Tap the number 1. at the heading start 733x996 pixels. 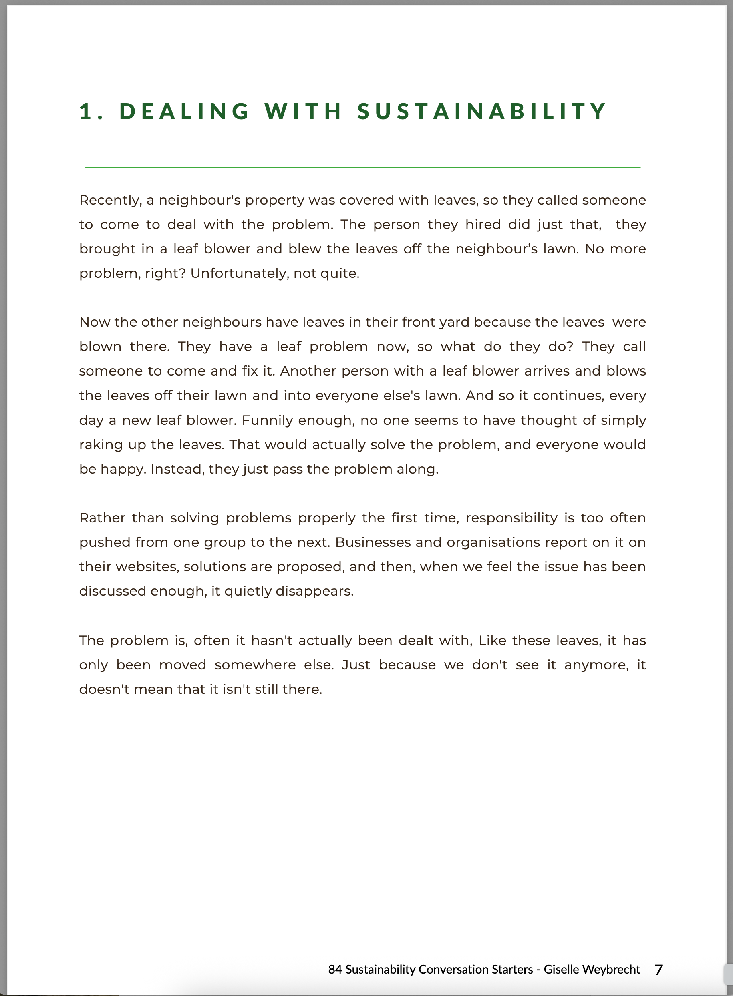pyautogui.click(x=91, y=111)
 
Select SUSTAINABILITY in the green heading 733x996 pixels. pyautogui.click(x=482, y=111)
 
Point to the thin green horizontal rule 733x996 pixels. pyautogui.click(x=362, y=167)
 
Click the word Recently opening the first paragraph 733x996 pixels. pyautogui.click(x=110, y=201)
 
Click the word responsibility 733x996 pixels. pyautogui.click(x=511, y=518)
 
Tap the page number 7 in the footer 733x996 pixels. pyautogui.click(x=658, y=970)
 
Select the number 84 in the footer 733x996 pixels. pyautogui.click(x=335, y=970)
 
